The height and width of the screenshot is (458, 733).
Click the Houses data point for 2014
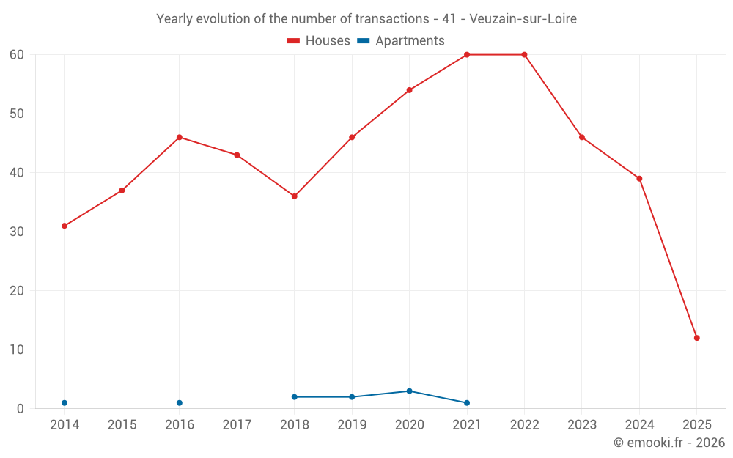click(65, 226)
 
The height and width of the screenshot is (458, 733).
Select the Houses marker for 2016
click(180, 137)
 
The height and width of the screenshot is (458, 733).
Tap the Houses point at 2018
click(295, 196)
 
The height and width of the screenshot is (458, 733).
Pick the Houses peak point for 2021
click(467, 55)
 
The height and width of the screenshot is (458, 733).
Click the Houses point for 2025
click(697, 338)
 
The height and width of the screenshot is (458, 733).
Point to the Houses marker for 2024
click(639, 179)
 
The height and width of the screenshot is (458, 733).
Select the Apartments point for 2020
click(409, 391)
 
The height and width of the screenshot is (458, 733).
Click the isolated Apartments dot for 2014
click(65, 403)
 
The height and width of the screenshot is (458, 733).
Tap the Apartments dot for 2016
click(180, 403)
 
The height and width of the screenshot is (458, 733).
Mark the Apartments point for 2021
click(467, 403)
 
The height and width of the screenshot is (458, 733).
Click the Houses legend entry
click(319, 41)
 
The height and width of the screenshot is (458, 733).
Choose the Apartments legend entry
click(401, 41)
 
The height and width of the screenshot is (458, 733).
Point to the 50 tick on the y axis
click(17, 114)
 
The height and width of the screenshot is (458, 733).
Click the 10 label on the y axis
click(17, 350)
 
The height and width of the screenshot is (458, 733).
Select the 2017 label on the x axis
click(237, 425)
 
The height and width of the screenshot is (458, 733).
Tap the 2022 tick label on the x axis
click(524, 425)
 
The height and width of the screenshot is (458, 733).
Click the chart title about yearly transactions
click(366, 19)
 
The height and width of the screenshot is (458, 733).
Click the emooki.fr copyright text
click(668, 443)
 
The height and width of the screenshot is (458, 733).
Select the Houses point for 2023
click(582, 137)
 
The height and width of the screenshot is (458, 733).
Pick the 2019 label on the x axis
click(352, 425)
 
